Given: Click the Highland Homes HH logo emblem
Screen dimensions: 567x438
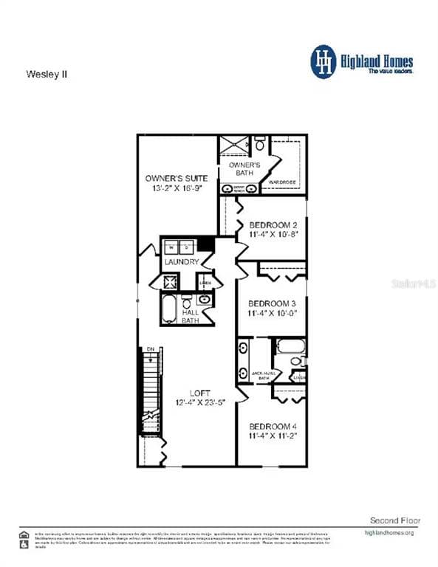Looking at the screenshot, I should pyautogui.click(x=323, y=61).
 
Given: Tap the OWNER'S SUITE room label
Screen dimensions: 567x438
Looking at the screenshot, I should pyautogui.click(x=177, y=179).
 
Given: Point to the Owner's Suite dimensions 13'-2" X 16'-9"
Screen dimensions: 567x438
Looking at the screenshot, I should pyautogui.click(x=177, y=189).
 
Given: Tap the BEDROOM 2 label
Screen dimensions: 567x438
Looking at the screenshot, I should pyautogui.click(x=273, y=225).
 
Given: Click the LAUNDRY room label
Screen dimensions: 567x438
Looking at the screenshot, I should pyautogui.click(x=182, y=262).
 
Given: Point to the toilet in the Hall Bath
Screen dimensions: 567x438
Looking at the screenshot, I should pyautogui.click(x=187, y=303).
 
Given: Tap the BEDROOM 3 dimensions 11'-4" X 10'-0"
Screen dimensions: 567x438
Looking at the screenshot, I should pyautogui.click(x=273, y=314).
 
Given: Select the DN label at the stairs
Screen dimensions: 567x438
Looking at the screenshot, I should pyautogui.click(x=150, y=348).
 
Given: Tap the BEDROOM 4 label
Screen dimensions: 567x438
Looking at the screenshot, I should pyautogui.click(x=273, y=426).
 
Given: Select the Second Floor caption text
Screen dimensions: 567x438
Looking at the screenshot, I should pyautogui.click(x=395, y=520).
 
